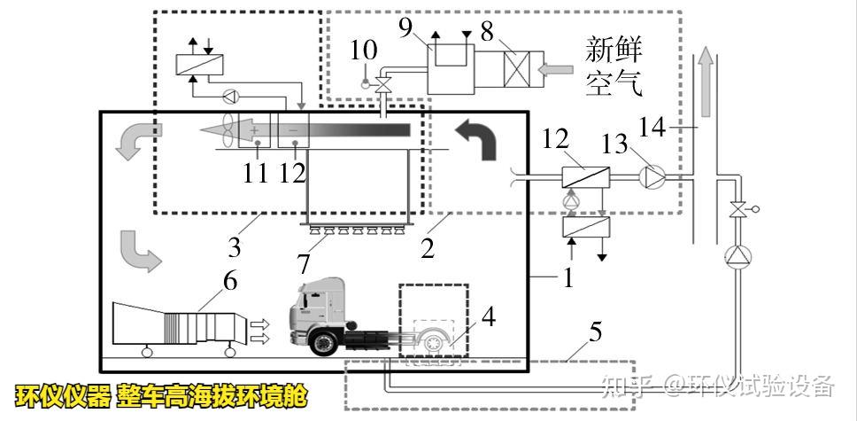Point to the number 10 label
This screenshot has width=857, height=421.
coord(363,51)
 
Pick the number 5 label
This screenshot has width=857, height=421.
coord(595,333)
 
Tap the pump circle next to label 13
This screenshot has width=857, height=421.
coord(653,178)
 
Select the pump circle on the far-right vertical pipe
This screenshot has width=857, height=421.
coord(737,258)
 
